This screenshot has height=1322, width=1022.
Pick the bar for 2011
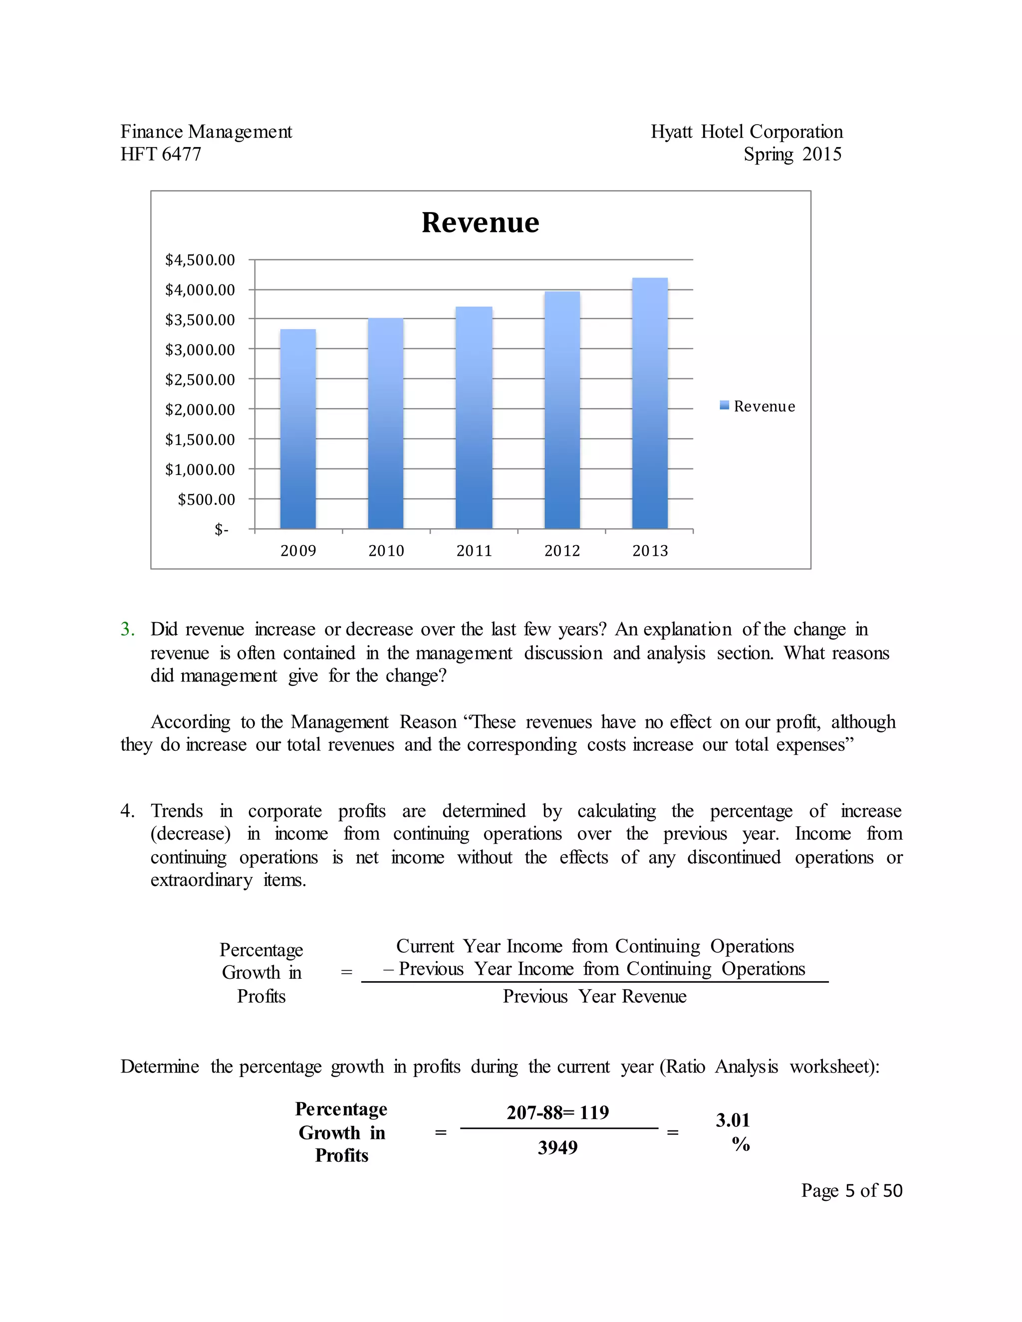(474, 418)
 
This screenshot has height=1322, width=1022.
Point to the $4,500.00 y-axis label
(200, 260)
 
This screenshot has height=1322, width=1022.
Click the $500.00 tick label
(206, 499)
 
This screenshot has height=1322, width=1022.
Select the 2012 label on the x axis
(562, 551)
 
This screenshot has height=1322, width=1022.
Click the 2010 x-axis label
(386, 551)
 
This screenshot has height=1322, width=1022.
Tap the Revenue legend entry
(758, 406)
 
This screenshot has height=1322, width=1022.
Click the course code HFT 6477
(161, 154)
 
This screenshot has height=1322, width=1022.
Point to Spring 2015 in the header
(792, 154)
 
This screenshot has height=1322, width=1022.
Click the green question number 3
(127, 630)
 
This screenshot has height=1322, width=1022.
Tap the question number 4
(127, 811)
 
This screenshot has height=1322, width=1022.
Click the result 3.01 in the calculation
(733, 1120)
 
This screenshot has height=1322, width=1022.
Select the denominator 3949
(557, 1148)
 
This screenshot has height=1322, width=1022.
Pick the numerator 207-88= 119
(557, 1112)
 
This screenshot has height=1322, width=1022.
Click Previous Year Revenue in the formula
(594, 996)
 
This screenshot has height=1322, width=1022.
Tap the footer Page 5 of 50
(851, 1191)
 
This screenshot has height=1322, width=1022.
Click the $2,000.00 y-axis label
(200, 410)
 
